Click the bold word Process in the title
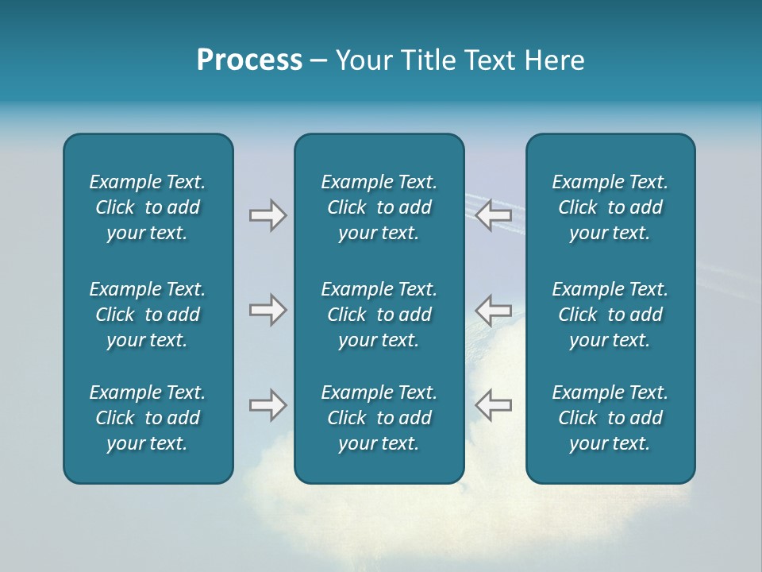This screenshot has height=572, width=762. point(249,60)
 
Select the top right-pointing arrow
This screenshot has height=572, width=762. point(267,215)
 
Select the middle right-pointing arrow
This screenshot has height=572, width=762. point(267,310)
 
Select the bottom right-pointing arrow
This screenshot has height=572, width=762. point(267,405)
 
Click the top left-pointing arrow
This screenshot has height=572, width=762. point(494,215)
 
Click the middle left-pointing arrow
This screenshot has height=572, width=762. point(494,310)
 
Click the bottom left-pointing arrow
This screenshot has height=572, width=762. point(494,405)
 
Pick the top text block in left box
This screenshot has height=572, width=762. point(148,207)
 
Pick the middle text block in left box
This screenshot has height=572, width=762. point(148,315)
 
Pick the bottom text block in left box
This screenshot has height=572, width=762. point(148,418)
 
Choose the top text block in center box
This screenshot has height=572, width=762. point(379,207)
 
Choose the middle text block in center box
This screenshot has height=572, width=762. point(379,315)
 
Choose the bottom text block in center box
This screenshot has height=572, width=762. point(379,418)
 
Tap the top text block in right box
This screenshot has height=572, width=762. point(610,207)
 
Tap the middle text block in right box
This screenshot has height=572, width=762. point(610,315)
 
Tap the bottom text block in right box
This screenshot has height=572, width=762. point(610,418)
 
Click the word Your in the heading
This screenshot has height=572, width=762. point(364,60)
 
